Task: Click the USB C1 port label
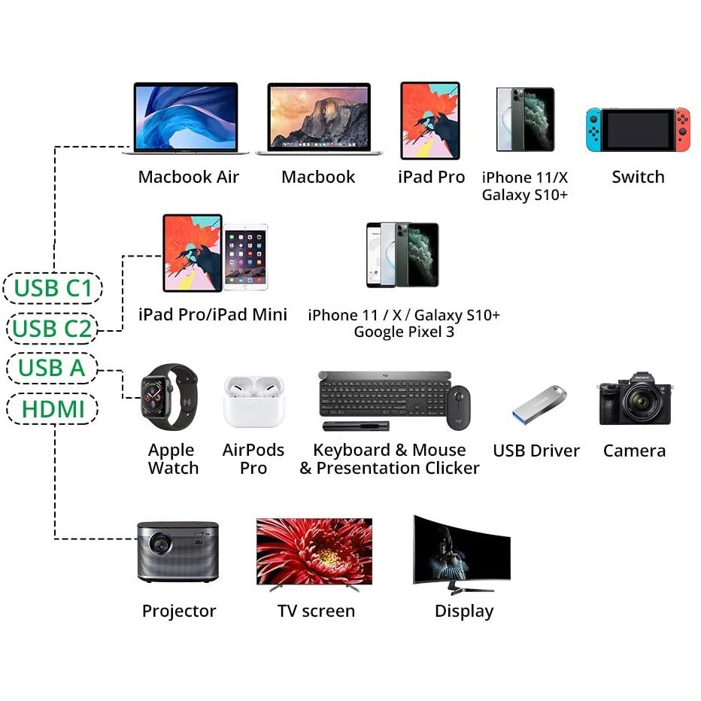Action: click(52, 288)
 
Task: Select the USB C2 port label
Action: click(52, 329)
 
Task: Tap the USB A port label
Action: click(52, 369)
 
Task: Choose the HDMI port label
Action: click(52, 409)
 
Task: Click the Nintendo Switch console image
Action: click(638, 129)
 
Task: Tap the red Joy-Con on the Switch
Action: click(681, 129)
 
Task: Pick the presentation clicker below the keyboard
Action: click(356, 426)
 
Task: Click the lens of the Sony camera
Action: click(640, 405)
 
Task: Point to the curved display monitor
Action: click(461, 552)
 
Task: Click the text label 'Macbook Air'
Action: click(188, 178)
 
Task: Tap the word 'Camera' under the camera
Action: click(634, 451)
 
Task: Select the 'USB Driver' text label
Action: click(536, 451)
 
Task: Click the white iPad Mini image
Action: click(245, 256)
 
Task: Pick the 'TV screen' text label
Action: click(316, 611)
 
